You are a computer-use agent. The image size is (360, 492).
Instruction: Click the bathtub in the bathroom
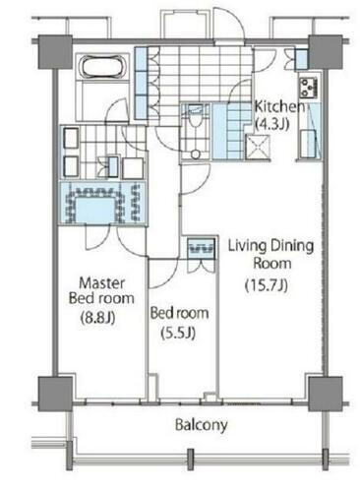click(103, 67)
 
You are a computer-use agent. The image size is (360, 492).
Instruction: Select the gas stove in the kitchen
click(309, 88)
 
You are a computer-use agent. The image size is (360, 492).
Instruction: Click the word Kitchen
click(279, 107)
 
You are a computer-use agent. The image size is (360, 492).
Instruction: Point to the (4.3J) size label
click(271, 124)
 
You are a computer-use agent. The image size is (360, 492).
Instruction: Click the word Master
click(102, 282)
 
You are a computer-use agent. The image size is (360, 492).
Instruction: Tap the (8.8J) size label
click(97, 317)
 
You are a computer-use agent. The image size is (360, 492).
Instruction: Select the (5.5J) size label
click(178, 334)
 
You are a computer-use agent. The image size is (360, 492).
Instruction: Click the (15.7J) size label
click(267, 285)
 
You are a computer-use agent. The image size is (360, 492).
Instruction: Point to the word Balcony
click(202, 425)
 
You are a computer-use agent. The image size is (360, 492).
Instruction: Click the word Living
click(247, 246)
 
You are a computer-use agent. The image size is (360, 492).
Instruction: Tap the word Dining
click(292, 246)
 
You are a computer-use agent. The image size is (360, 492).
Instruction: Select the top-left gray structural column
click(55, 52)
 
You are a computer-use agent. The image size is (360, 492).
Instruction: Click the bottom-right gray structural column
click(326, 394)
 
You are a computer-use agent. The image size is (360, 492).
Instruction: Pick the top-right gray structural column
click(326, 52)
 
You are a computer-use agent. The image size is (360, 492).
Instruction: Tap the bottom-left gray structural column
click(55, 394)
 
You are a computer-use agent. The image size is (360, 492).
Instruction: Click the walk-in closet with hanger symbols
click(103, 204)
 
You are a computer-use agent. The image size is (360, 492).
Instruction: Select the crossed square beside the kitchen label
click(258, 148)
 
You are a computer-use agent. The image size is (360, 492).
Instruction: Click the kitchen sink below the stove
click(308, 144)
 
